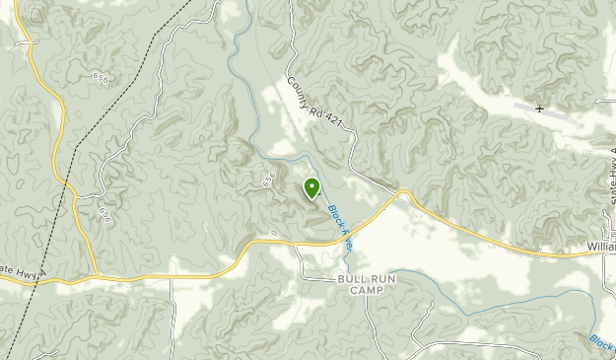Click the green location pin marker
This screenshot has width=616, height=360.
[x=312, y=187]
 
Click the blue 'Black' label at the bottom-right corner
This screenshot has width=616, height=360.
[x=601, y=341]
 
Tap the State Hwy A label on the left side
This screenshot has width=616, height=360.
[x=19, y=277]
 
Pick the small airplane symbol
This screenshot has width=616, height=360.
[x=540, y=108]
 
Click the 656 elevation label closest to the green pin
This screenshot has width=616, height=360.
[x=268, y=180]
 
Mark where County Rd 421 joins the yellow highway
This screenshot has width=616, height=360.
[x=399, y=192]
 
